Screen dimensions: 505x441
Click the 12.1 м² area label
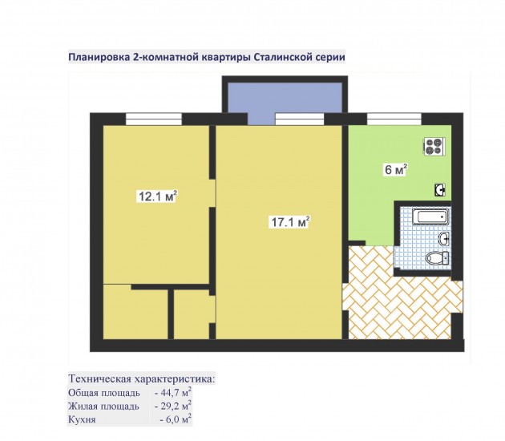[157, 196]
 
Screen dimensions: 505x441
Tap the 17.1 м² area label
[290, 221]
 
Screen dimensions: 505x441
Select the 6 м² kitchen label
[396, 169]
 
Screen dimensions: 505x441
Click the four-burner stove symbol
[434, 147]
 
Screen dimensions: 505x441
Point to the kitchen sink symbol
[439, 190]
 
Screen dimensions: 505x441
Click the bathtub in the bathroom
[430, 216]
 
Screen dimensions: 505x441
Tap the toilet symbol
[437, 258]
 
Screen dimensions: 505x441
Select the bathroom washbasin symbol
[444, 239]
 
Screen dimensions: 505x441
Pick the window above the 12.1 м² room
[154, 119]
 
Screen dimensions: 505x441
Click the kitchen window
[394, 119]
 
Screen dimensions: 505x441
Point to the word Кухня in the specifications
[82, 419]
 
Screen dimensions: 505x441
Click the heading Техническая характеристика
[142, 378]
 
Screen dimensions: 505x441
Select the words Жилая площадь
[103, 407]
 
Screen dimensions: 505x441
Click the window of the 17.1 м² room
[300, 119]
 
